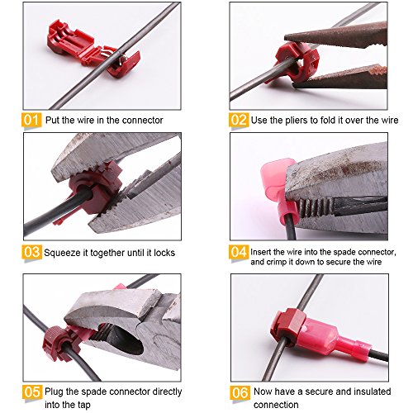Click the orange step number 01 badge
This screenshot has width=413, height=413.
pos(31,120)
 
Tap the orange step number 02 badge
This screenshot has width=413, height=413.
pos(239,120)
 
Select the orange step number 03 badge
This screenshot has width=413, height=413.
pos(32,252)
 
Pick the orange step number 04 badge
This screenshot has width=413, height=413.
pos(239,252)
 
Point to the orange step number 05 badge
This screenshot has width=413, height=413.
pos(32,392)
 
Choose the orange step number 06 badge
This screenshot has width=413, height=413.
pos(240,392)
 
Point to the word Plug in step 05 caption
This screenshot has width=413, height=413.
pos(55,392)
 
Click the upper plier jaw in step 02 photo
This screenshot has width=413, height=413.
pos(336,35)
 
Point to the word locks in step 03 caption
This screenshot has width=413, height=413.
pos(164,253)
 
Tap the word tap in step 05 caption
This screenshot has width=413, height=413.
pos(83,406)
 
